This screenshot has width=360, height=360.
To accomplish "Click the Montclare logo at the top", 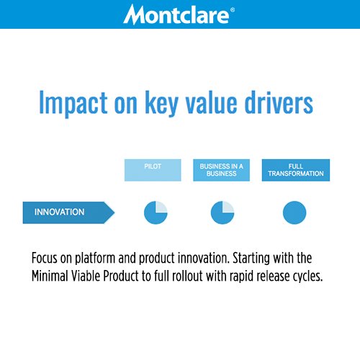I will pos(179,14).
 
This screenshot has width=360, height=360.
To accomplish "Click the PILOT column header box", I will pos(153,170).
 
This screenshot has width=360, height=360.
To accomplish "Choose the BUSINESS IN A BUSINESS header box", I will pos(222,170).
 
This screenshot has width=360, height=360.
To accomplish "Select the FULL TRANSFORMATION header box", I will pos(295,170).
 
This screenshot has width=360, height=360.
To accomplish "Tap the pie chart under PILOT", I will pos(155,212).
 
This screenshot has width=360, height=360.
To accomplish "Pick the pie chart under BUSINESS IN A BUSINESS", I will pos(222,212).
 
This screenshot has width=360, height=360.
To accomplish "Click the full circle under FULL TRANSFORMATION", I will pos(294,212).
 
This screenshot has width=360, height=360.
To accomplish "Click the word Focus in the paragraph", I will pos(47,258).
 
